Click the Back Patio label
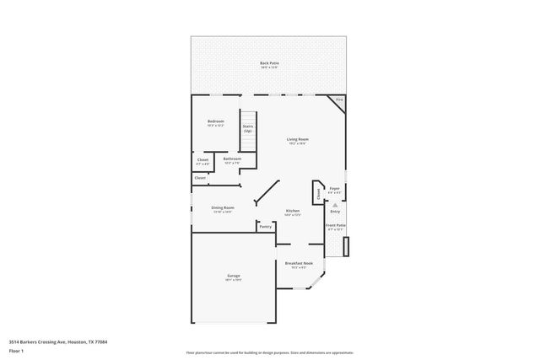click(x=269, y=64)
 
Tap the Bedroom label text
click(x=216, y=122)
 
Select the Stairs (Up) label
click(x=248, y=129)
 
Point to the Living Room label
click(x=297, y=140)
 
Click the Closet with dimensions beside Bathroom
click(x=202, y=161)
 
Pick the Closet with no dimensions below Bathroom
click(x=200, y=178)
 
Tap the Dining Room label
click(x=223, y=208)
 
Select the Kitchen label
click(x=292, y=212)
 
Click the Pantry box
click(x=265, y=226)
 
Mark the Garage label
click(x=233, y=277)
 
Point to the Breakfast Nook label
click(x=300, y=265)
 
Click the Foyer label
click(x=334, y=190)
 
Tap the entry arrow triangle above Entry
click(x=335, y=205)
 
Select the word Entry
click(x=335, y=212)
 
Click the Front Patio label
click(x=335, y=226)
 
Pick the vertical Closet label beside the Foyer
click(x=318, y=193)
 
